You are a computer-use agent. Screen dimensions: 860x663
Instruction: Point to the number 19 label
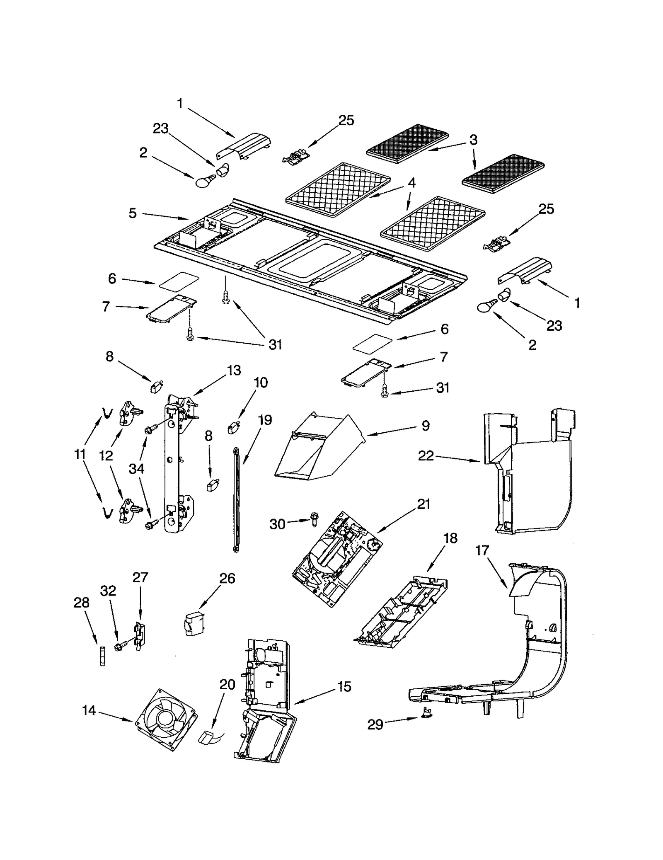pos(265,420)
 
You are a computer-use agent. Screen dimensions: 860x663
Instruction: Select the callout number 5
pos(132,213)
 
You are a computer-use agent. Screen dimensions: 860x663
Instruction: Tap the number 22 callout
pos(426,456)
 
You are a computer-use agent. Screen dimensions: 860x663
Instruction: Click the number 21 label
pos(423,504)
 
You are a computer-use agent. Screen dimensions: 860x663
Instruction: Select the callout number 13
pos(234,370)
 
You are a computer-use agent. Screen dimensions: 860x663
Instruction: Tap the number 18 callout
pos(450,538)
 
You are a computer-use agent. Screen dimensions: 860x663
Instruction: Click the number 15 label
pos(344,686)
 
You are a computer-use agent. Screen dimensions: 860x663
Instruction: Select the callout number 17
pos(482,551)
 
